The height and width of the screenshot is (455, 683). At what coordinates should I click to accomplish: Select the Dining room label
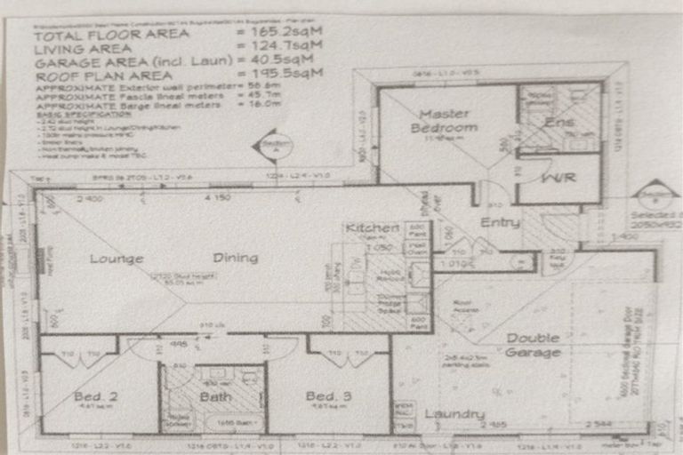[x=235, y=259]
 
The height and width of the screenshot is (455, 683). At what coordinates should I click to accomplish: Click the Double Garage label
[x=534, y=345]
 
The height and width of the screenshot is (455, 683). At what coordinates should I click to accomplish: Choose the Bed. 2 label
[x=86, y=395]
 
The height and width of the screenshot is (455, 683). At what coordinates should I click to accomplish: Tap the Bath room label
[x=214, y=396]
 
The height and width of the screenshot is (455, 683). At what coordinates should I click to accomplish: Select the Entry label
[x=500, y=222]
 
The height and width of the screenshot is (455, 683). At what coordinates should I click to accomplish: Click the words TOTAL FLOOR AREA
[x=111, y=34]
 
